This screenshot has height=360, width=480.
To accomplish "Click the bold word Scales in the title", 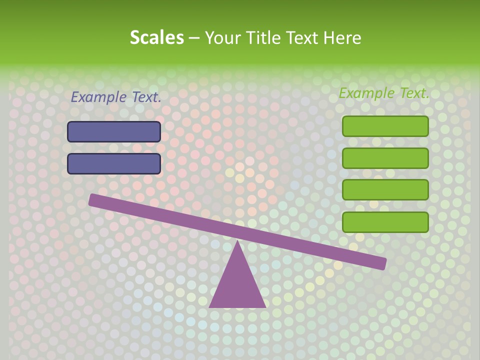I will [156, 38].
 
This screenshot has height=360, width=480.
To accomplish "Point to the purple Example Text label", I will [116, 97].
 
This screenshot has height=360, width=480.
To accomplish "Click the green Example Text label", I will [384, 93].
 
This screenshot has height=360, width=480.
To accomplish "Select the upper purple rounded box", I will [114, 131].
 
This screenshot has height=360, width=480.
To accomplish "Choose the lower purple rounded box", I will [114, 163].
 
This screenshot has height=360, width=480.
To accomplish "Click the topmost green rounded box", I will [385, 126].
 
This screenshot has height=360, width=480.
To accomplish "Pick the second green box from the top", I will [385, 158].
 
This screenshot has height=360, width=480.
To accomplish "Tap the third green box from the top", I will [385, 190].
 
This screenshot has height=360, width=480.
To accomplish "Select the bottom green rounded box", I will [385, 222].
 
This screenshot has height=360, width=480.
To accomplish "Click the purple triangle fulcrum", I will [237, 285].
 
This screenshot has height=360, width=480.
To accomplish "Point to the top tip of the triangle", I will [237, 241].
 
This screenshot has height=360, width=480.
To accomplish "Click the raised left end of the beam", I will [93, 199].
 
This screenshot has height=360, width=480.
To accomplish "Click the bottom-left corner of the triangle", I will [210, 306].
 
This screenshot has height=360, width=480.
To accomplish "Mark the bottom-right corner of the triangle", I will [264, 306].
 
